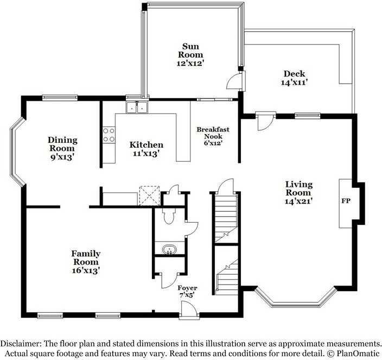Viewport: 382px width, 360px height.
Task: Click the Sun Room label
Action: (x=192, y=54)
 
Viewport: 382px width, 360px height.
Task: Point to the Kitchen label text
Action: (x=145, y=145)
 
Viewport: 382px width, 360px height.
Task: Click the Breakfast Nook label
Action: (x=213, y=136)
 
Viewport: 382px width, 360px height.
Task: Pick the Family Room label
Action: (x=86, y=261)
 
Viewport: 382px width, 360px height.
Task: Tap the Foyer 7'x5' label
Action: (x=187, y=292)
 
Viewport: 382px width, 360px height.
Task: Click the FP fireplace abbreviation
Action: (x=345, y=201)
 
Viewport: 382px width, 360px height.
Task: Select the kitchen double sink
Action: (x=137, y=108)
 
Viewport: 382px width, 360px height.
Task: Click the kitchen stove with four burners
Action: (x=109, y=135)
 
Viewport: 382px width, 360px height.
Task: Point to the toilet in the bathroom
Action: (x=168, y=216)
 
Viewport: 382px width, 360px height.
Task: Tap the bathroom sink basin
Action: (x=169, y=250)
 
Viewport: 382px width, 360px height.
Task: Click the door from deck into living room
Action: (x=262, y=121)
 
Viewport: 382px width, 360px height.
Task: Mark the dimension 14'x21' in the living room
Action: (x=298, y=201)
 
